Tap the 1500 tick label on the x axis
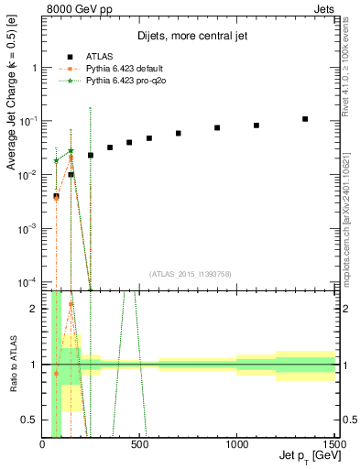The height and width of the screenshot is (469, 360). (x=333, y=444)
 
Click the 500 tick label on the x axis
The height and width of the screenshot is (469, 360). (x=139, y=444)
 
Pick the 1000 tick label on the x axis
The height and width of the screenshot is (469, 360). (x=236, y=444)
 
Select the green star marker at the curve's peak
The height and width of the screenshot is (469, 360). (x=71, y=151)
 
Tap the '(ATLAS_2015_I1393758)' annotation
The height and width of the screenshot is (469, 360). (x=189, y=273)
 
